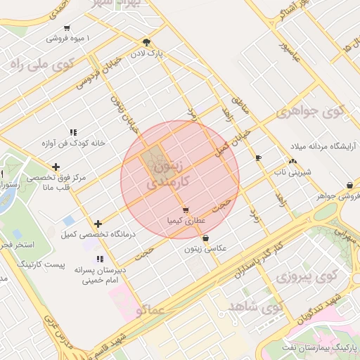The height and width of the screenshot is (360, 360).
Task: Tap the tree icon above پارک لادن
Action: click(146, 42)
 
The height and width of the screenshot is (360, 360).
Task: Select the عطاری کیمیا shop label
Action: click(185, 220)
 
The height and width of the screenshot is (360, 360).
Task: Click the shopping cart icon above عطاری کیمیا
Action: click(185, 210)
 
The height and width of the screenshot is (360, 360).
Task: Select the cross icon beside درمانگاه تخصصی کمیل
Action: click(98, 224)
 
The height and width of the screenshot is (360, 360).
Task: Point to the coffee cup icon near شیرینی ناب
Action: click(258, 157)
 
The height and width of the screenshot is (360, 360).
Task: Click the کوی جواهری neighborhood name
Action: click(310, 112)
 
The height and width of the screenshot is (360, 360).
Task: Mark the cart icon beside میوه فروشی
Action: click(67, 28)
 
